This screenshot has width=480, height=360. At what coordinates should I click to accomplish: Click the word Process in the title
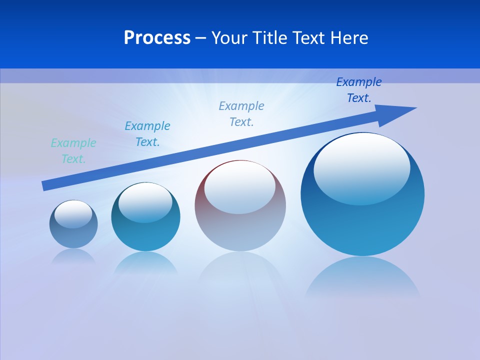pos(157,37)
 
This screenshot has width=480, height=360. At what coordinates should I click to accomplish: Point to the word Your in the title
pos(229,37)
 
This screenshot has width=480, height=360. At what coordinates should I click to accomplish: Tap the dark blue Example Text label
pos(359,90)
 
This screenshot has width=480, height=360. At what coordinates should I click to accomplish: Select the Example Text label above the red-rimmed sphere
pos(241,114)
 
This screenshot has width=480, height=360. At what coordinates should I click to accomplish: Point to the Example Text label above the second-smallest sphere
pos(147,134)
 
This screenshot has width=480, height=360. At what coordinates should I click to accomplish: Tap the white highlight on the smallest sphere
pos(73,214)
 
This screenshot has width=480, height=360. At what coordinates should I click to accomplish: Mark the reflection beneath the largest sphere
pos(362,277)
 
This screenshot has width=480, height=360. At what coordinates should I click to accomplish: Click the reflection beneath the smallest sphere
pos(73,256)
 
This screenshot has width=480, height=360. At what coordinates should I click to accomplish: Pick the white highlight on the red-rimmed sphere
pos(239,187)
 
